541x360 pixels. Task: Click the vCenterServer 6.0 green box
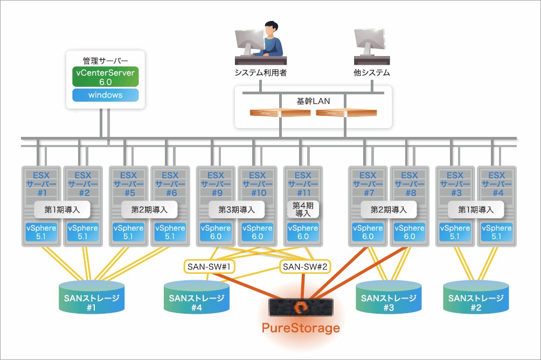tap(106, 77)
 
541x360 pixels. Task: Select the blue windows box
tap(106, 95)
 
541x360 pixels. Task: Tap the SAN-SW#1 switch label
tap(208, 266)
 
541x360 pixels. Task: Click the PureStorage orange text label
tap(301, 327)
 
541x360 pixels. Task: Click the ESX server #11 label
tap(303, 183)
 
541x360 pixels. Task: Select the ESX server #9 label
tap(216, 183)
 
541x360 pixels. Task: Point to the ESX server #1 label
tap(41, 183)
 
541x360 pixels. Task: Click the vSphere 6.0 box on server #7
tap(368, 232)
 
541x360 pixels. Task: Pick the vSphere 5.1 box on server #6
tap(170, 232)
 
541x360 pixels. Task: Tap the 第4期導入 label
tap(303, 209)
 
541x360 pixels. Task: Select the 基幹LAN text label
tap(313, 101)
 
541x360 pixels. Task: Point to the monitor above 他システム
tap(370, 41)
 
